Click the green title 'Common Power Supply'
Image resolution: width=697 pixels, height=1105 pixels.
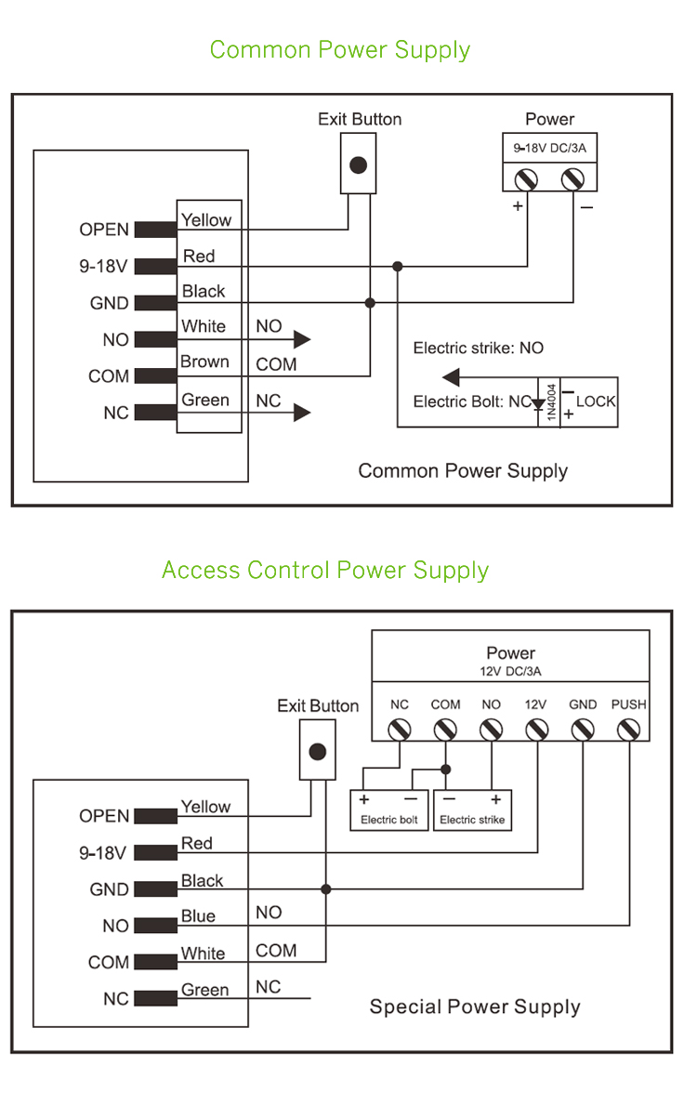[x=339, y=49]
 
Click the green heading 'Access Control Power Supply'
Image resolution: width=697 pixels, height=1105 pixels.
[x=324, y=570]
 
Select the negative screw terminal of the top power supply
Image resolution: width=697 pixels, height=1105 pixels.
[x=573, y=177]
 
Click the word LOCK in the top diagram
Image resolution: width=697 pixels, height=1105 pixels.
[x=596, y=401]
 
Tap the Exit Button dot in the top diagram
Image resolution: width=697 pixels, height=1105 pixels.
[x=358, y=165]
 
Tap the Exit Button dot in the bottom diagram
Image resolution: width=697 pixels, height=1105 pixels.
[x=317, y=751]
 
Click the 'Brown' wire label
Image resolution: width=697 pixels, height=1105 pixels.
[x=204, y=362]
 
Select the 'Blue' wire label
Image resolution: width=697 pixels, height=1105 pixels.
[x=198, y=916]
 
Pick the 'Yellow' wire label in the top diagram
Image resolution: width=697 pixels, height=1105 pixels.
[x=206, y=220]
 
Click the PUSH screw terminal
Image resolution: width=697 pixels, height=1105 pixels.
[x=629, y=730]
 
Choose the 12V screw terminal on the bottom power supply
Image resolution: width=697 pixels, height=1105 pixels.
[x=536, y=730]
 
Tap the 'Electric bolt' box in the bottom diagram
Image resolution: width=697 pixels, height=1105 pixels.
[x=388, y=809]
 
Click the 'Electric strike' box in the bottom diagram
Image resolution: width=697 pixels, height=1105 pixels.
[x=472, y=809]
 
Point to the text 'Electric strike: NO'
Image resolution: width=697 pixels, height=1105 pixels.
[x=479, y=349]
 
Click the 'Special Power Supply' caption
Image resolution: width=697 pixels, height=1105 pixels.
[x=475, y=1006]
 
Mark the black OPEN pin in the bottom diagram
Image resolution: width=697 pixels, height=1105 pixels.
[x=155, y=816]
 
